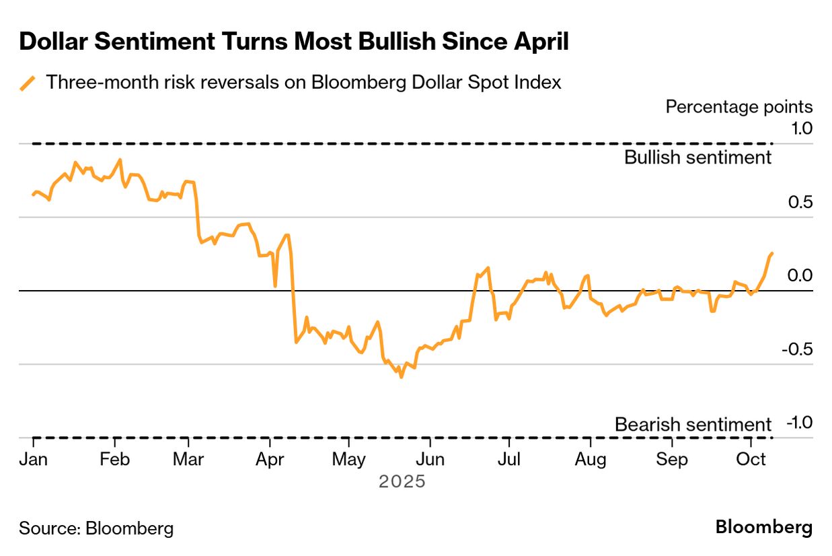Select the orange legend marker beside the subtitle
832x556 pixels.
(28, 83)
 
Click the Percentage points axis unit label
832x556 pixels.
(739, 106)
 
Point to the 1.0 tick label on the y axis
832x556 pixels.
(800, 128)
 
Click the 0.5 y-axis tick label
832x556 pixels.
(800, 202)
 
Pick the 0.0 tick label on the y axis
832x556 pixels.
(800, 275)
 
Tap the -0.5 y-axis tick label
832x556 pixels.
(798, 349)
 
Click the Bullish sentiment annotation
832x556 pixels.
(697, 158)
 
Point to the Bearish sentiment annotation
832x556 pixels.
(693, 425)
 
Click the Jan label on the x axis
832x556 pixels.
(34, 460)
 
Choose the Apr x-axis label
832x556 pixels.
(270, 460)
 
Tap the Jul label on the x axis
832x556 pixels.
(509, 460)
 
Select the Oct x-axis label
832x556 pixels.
(751, 460)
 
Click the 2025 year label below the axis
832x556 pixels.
(402, 482)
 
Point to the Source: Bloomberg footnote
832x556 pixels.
(96, 528)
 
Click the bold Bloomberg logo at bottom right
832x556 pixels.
(763, 527)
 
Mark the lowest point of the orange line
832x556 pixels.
(402, 377)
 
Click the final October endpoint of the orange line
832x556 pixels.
(771, 253)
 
